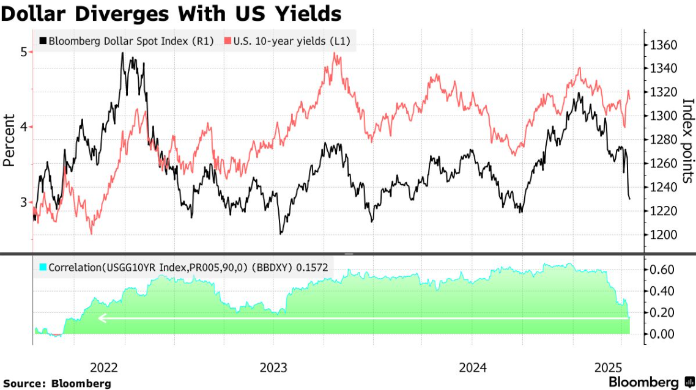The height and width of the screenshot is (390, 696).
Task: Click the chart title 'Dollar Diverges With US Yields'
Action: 171,13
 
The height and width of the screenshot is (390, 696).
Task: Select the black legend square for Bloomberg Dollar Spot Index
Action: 42,42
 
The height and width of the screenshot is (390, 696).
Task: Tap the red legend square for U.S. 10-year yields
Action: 227,42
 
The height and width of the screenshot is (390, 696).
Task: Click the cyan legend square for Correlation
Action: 42,267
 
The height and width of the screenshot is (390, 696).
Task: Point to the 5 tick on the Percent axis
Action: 23,52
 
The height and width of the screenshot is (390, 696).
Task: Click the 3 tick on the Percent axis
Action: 23,202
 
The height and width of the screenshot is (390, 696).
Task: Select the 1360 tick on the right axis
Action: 664,45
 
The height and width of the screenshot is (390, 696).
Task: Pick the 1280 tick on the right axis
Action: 664,140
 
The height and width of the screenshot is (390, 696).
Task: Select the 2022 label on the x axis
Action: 104,368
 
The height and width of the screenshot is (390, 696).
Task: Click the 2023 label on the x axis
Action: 273,368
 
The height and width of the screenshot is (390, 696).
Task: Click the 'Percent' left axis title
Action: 9,140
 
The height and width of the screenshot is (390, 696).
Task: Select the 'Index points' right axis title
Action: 687,140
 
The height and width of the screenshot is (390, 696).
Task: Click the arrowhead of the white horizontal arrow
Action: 102,318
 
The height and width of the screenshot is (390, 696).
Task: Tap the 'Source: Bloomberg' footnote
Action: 56,383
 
